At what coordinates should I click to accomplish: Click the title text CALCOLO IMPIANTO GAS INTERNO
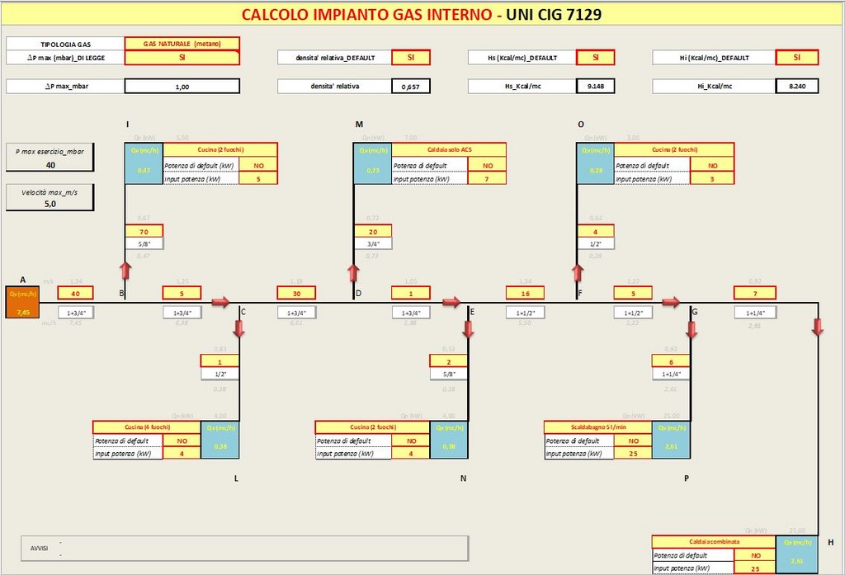(367, 14)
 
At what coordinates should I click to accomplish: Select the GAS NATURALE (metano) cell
(182, 43)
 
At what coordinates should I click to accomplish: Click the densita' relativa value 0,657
(410, 86)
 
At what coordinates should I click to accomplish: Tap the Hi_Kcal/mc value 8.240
(796, 86)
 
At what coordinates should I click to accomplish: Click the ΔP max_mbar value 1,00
(182, 86)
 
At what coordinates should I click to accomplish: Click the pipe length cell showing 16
(526, 293)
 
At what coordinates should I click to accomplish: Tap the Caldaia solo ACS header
(449, 149)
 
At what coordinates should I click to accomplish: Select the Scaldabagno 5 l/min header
(597, 427)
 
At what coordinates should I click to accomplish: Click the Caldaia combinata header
(714, 542)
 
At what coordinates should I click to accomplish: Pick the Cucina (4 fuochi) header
(146, 427)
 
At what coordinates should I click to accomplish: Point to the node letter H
(830, 542)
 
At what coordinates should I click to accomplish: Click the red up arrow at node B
(125, 271)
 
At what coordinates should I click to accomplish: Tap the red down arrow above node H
(818, 327)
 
